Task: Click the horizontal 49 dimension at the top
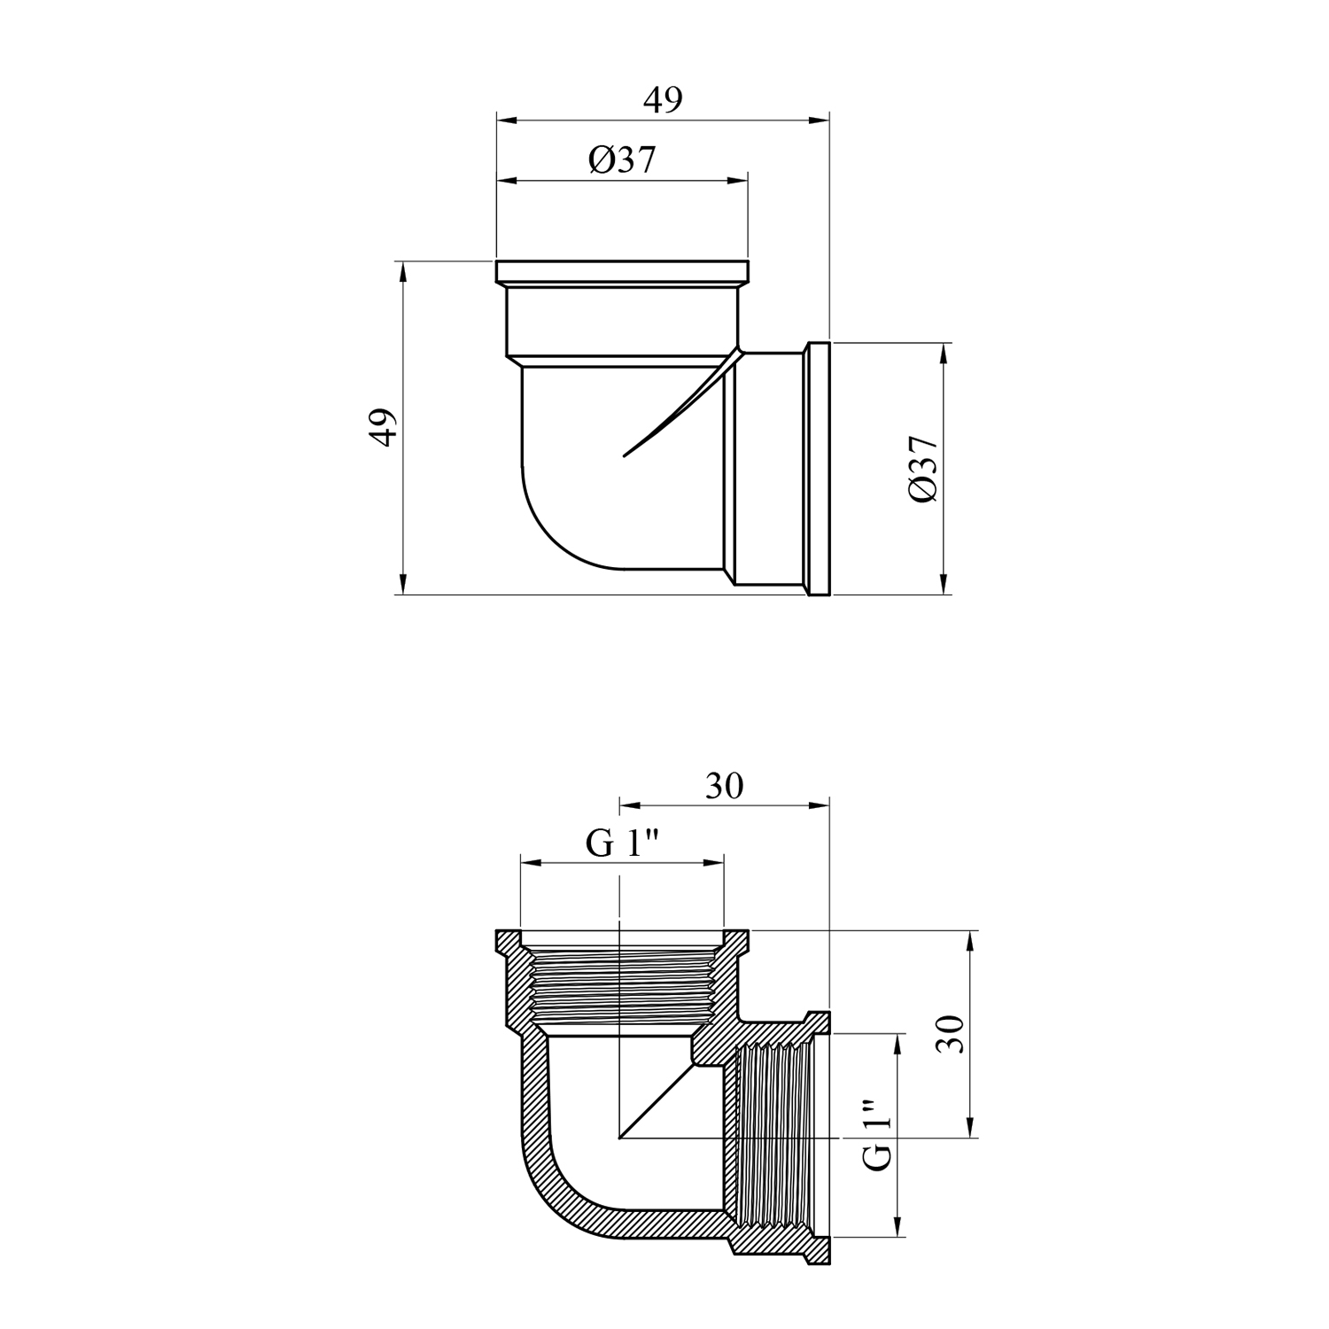(x=663, y=100)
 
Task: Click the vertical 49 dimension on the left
(x=382, y=428)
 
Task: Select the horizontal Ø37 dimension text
(x=623, y=160)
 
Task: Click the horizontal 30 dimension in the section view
(x=724, y=786)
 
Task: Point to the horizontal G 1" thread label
(x=625, y=843)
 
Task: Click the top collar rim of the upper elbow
(x=623, y=271)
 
